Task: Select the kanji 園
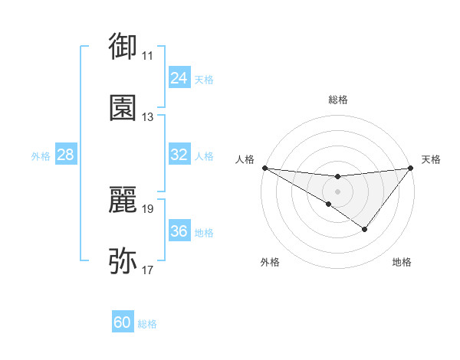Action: coord(123,107)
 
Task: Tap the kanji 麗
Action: coord(123,199)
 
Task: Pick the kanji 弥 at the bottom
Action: coord(123,260)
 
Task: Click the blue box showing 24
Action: coord(179,78)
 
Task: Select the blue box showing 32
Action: coord(179,155)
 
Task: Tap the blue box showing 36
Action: coord(179,231)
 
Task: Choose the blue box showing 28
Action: coord(66,155)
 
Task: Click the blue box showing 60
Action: coord(123,322)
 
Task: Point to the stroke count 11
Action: coord(148,55)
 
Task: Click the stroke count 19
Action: coord(148,208)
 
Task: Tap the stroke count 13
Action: coord(148,117)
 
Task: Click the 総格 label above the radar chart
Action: coord(338,100)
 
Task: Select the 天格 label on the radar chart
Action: coord(432,159)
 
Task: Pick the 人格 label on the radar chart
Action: coord(245,159)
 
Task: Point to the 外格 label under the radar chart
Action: coord(270,262)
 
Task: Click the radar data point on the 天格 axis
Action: coord(412,168)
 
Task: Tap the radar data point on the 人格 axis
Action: coord(264,168)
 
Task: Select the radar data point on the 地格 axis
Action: coord(365,229)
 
